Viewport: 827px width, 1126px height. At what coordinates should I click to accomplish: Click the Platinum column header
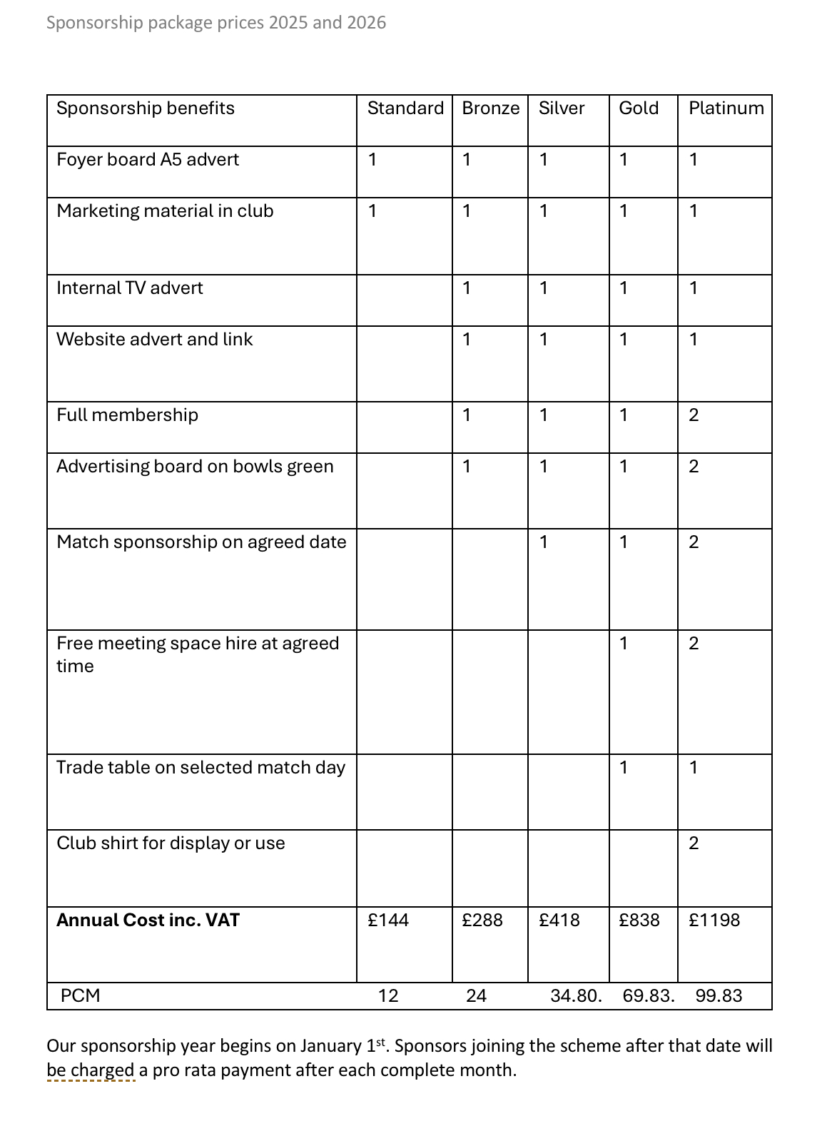coord(726,108)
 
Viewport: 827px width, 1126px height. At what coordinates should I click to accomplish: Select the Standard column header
coord(405,108)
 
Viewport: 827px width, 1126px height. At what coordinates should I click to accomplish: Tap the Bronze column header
coord(491,108)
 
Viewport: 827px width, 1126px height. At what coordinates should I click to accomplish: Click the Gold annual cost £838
coord(639,920)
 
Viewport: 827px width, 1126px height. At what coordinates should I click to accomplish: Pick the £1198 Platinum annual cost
coord(714,920)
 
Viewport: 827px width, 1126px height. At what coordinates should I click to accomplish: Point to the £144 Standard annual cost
coord(388,920)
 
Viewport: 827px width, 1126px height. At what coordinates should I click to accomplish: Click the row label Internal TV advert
coord(130,288)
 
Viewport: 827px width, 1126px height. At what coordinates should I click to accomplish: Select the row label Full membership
coord(128,415)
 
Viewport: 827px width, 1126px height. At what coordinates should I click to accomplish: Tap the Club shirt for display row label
coord(171,843)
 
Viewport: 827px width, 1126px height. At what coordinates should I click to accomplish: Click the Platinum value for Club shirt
coord(694,843)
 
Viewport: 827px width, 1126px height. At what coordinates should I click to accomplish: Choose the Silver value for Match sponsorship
coord(544,542)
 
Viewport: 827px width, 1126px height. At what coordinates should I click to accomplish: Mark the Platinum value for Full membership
coord(694,415)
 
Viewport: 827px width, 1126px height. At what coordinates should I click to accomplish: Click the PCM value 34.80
coord(576,996)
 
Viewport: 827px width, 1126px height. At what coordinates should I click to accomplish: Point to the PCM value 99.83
coord(719,996)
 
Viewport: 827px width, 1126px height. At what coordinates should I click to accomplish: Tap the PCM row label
coord(81,996)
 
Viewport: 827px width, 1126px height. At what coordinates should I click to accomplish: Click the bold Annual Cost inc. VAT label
coord(148,920)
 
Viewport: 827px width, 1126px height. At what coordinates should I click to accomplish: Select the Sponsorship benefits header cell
coord(146,108)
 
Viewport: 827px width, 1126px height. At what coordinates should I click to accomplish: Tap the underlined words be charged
coord(91,1070)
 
